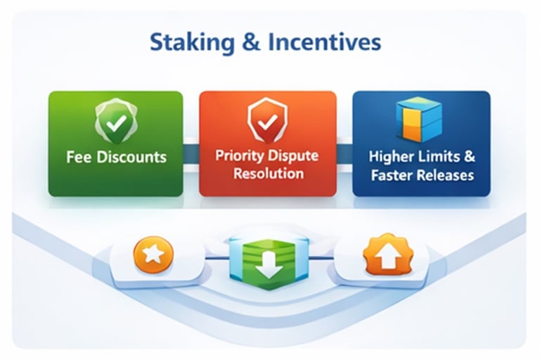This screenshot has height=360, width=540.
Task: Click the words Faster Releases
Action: point(421,175)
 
